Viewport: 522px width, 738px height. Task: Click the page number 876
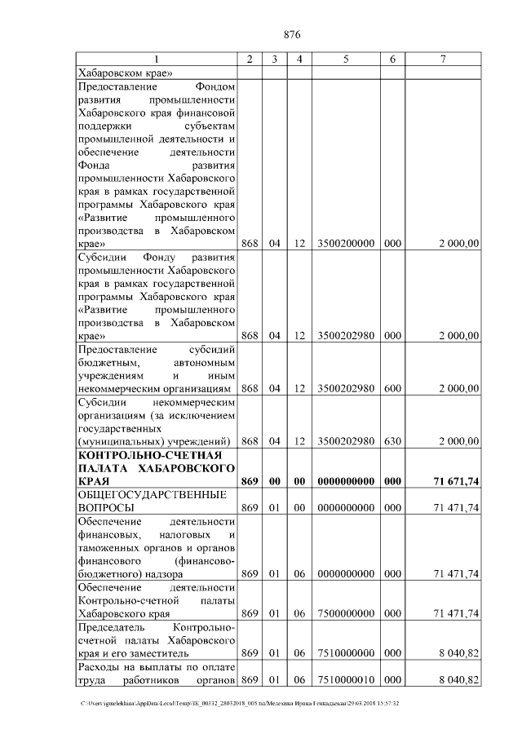292,34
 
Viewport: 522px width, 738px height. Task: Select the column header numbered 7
443,59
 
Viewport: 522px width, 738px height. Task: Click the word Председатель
110,626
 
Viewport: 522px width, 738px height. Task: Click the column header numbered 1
157,59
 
